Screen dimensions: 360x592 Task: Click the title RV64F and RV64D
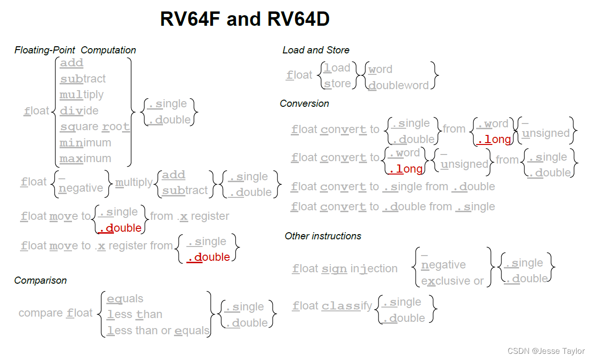(x=245, y=20)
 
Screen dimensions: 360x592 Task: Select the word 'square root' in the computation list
(x=95, y=127)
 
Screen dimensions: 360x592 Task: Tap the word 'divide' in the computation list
(x=79, y=111)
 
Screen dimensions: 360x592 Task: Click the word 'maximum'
(x=85, y=158)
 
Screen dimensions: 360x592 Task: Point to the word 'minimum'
(x=85, y=143)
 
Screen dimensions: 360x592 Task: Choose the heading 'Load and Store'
(x=316, y=50)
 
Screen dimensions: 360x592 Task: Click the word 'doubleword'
(x=398, y=85)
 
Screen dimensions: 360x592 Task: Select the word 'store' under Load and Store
(x=337, y=84)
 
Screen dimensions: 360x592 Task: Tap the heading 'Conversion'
(x=304, y=103)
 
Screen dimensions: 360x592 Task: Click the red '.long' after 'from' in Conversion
(x=494, y=139)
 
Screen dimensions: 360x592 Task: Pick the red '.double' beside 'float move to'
(x=120, y=228)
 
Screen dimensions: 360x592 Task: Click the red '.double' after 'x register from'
(x=208, y=257)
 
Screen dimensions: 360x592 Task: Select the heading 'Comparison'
(x=41, y=280)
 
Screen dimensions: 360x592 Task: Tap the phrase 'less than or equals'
(x=158, y=330)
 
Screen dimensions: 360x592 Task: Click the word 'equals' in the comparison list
(x=125, y=299)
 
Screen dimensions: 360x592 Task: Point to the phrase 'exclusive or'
(x=452, y=281)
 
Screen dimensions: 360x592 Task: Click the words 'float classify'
(x=332, y=306)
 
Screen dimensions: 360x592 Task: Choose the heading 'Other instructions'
(x=323, y=236)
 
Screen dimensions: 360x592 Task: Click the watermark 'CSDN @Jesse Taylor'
(x=546, y=351)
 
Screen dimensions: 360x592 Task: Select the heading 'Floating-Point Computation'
(x=75, y=50)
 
